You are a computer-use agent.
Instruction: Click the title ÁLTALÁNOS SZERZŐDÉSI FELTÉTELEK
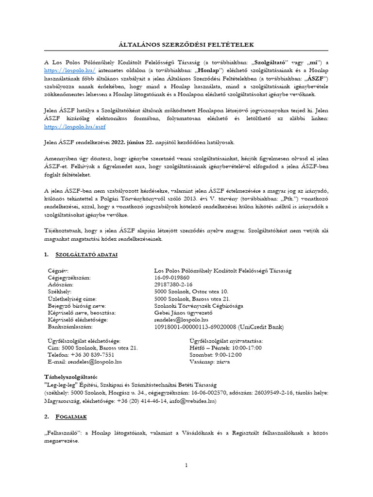click(x=186, y=45)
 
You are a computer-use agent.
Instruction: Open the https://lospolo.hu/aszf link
click(x=74, y=127)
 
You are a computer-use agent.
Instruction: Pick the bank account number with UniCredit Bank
click(x=218, y=328)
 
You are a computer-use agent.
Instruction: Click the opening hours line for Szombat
click(x=215, y=355)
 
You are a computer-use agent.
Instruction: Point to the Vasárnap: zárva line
click(x=210, y=362)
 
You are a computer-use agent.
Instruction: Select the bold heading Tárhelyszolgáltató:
click(x=70, y=377)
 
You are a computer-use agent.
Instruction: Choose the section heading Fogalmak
click(x=72, y=416)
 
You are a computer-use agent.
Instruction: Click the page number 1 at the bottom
click(x=186, y=465)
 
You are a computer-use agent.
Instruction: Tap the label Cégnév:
click(x=58, y=270)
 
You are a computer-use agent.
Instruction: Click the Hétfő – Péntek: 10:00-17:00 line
click(x=225, y=348)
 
